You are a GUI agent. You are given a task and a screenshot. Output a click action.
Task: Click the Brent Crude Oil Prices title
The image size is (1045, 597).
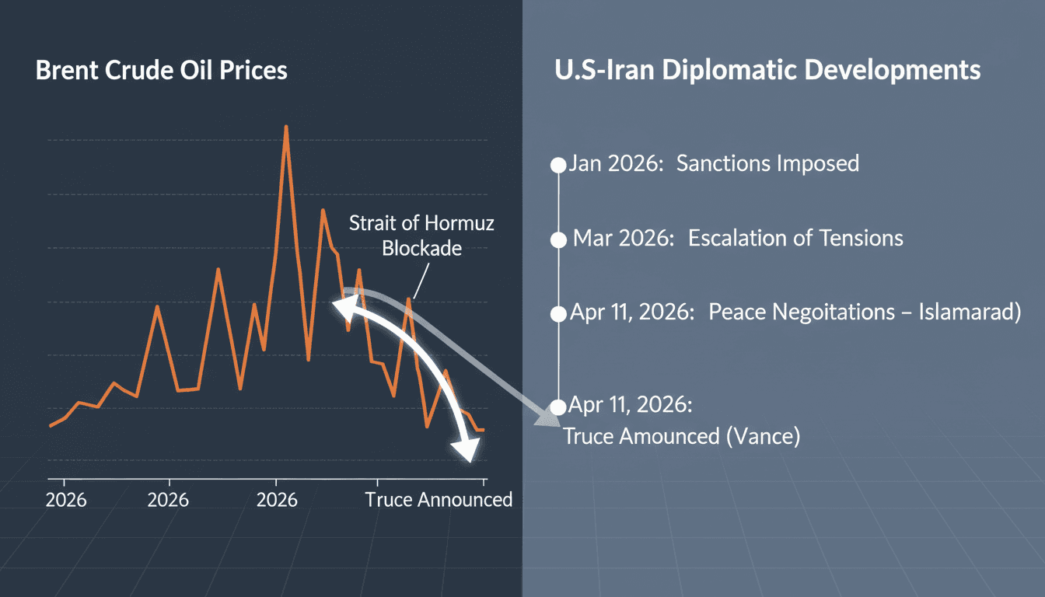[x=161, y=71]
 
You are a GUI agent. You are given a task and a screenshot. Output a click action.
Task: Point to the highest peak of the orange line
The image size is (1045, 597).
[x=286, y=127]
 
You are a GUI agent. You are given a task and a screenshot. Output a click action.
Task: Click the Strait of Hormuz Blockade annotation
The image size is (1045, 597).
[x=421, y=236]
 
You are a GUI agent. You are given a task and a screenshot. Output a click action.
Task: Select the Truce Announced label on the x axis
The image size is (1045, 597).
[x=439, y=499]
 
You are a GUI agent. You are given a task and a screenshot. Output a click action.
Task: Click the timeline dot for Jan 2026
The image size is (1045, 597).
[x=557, y=165]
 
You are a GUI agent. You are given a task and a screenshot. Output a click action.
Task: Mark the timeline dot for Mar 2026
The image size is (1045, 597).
[x=557, y=240]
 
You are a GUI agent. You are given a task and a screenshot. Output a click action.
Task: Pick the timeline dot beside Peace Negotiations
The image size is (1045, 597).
[x=557, y=314]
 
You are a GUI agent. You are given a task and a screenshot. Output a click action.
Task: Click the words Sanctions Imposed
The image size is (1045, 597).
[x=767, y=163]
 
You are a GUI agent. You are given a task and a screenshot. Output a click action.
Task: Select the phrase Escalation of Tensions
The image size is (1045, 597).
[x=795, y=238]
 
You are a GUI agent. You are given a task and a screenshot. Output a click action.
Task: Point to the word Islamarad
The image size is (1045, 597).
[x=968, y=312]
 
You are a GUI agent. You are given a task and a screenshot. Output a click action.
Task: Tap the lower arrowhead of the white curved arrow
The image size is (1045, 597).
[x=468, y=450]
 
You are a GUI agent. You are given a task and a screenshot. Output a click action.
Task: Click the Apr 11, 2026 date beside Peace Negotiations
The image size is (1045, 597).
[x=632, y=312]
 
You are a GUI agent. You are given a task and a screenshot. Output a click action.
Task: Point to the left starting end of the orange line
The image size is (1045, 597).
[x=51, y=425]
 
